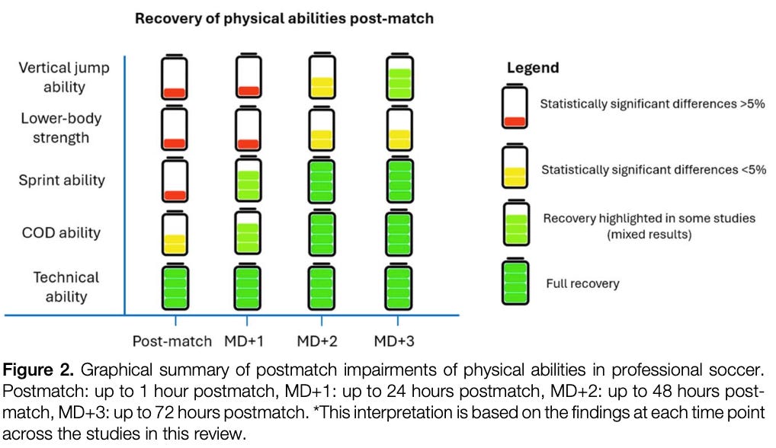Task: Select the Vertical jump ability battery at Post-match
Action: (x=175, y=78)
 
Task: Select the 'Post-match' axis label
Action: (x=172, y=340)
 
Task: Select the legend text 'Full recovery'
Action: (x=582, y=283)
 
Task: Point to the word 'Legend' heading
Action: (x=533, y=68)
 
